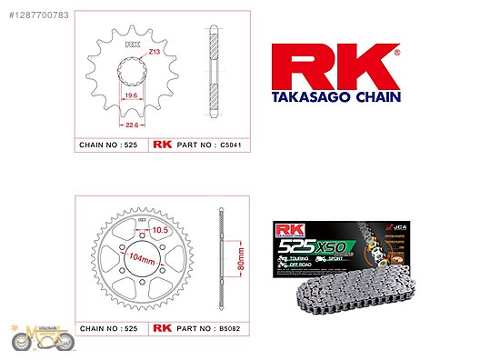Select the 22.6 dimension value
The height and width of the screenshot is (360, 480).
(x=133, y=126)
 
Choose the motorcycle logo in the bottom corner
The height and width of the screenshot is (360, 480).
(x=41, y=338)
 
